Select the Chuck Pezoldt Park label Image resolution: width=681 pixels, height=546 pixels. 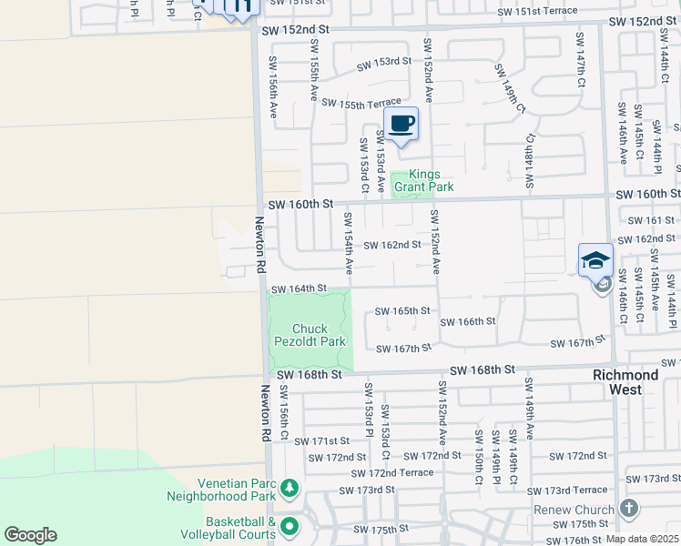pos(310,335)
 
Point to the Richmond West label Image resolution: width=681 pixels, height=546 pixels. pos(625,382)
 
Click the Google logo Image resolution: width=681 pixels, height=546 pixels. pos(31,535)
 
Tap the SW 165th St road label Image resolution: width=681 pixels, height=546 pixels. pos(401,311)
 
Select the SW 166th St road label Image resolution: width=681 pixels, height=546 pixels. pos(467,322)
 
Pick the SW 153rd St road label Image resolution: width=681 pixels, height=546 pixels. pos(383,62)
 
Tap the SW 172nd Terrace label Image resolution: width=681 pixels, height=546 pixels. pos(393,473)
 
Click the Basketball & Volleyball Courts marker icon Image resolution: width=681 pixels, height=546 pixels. pos(290,526)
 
